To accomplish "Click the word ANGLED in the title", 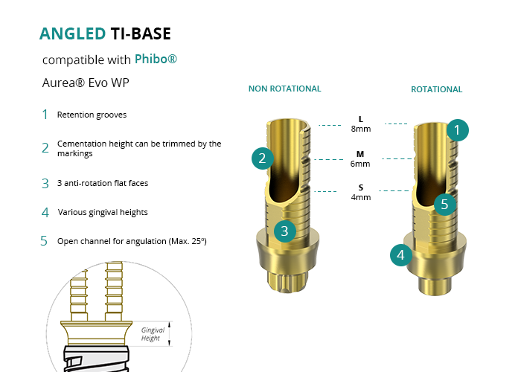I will [x=72, y=33].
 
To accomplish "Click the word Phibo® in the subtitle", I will [x=156, y=59].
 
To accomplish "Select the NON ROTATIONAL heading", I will [x=284, y=89].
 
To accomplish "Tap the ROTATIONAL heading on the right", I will [x=436, y=89].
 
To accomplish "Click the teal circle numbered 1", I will [x=458, y=130].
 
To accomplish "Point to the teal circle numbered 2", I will [x=263, y=158].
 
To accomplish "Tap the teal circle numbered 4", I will [x=401, y=255].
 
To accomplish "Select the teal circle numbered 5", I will [x=444, y=203].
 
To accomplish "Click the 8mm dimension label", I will [x=361, y=129].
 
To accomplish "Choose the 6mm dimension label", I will [x=361, y=164].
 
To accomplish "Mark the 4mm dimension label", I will [x=361, y=197].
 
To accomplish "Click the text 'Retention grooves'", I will [x=92, y=115].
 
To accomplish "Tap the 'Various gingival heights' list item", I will [x=103, y=212].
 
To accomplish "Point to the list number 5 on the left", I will [x=45, y=241].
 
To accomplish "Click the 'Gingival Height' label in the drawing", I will [x=153, y=334].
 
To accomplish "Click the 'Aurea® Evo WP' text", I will [x=86, y=83].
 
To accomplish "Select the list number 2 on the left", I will [x=45, y=147].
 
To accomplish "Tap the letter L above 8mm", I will [x=361, y=119].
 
